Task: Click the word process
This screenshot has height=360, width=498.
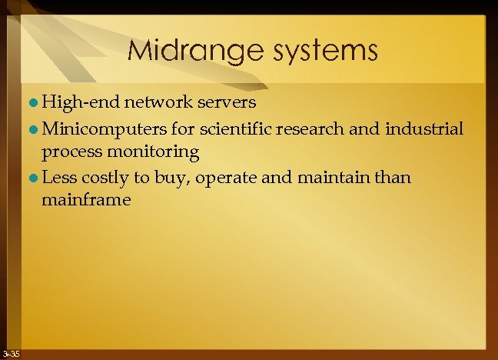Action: (70, 152)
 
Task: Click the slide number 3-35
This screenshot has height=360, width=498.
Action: (11, 353)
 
